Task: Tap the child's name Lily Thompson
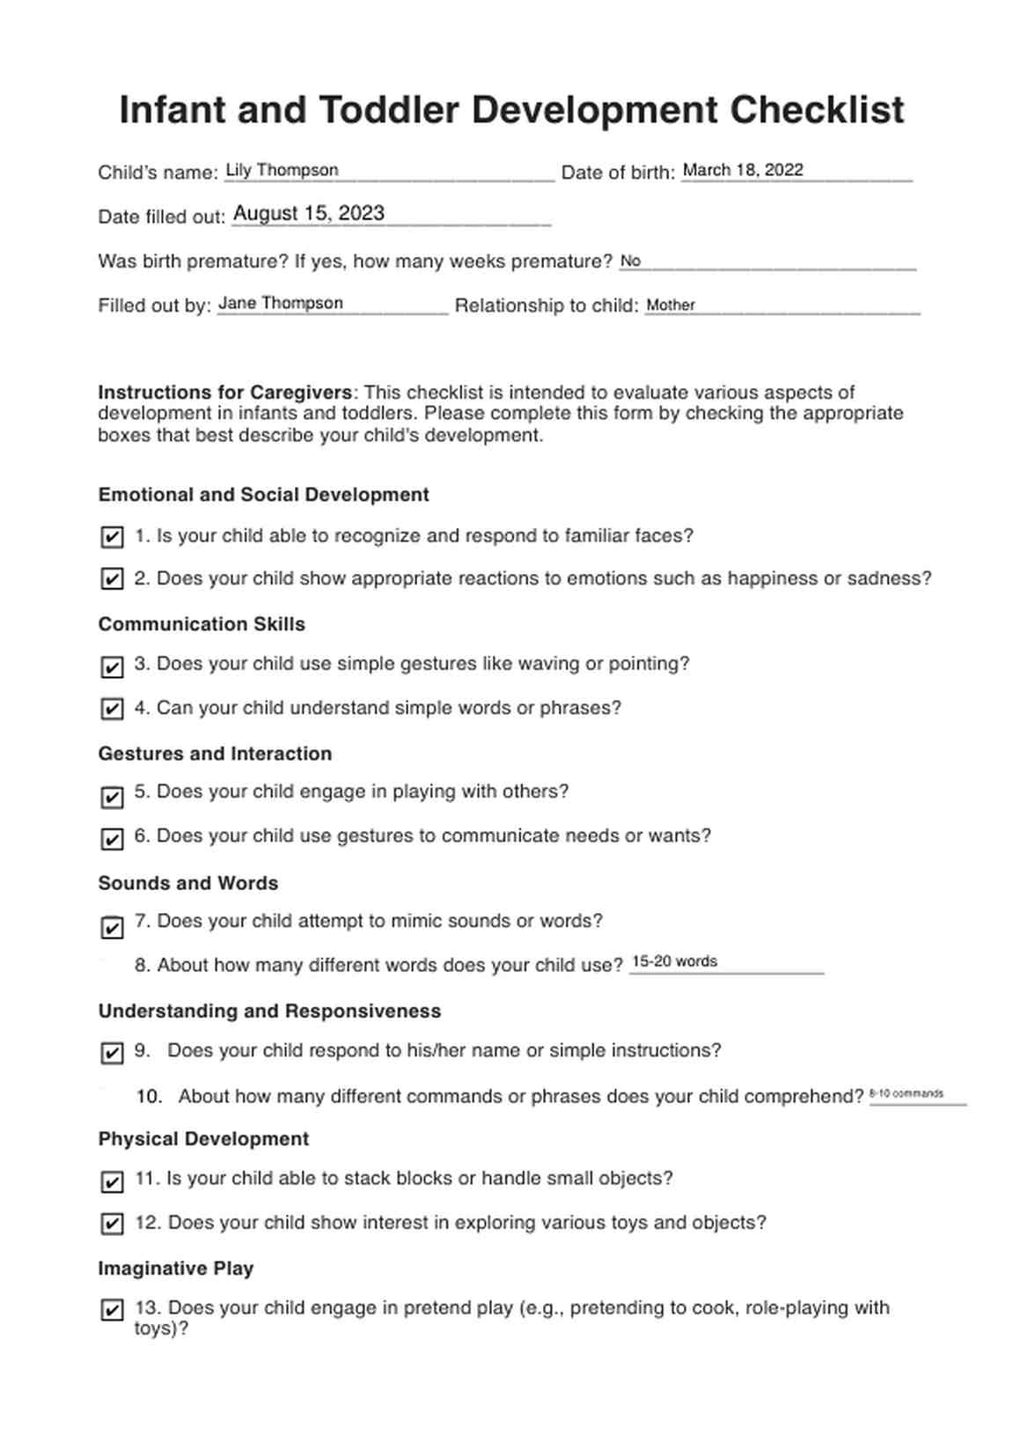point(282,171)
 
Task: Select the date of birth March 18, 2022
point(743,171)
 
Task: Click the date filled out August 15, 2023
point(309,214)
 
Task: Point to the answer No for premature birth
point(630,261)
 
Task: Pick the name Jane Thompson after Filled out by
point(281,304)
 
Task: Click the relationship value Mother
point(671,305)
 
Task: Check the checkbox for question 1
point(112,537)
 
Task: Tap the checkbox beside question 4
point(112,709)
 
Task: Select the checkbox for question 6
point(112,838)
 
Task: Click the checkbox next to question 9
point(112,1053)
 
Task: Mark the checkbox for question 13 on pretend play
point(112,1310)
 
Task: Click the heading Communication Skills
point(202,624)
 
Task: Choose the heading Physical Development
point(203,1139)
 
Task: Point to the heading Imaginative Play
point(176,1269)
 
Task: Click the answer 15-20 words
point(675,962)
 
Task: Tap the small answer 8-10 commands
point(907,1094)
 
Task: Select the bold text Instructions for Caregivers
point(224,393)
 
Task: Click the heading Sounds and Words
point(188,883)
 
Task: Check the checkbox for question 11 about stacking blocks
point(112,1181)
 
